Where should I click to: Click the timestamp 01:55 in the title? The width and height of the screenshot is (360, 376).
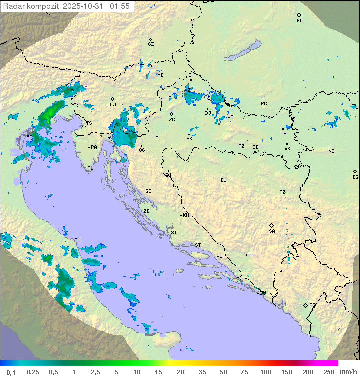coord(120,6)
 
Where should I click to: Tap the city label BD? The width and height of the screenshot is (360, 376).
coord(299,21)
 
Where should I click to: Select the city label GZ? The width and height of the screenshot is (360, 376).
coord(151,44)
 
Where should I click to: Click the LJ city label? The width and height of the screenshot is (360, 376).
coord(113,105)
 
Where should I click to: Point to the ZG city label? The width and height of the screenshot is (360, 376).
coord(172,120)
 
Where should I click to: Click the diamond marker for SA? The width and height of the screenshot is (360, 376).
coord(272,225)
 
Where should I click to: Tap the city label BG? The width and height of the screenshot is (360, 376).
coord(355,177)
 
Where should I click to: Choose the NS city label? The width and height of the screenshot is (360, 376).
coord(331,151)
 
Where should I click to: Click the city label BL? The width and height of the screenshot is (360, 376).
coord(223,180)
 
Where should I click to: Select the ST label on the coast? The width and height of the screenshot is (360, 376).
coord(198,245)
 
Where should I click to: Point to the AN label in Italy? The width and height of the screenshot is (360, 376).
coord(77,240)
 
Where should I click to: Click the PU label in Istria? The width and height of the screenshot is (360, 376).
coord(90,168)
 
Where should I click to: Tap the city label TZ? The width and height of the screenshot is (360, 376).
coord(283,192)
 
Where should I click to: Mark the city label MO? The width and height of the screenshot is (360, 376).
coord(251,255)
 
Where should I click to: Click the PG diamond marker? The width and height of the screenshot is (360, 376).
coord(305,305)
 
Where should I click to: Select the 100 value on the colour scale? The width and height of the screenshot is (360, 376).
coord(265,372)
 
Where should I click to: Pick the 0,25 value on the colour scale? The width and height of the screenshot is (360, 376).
coord(33,372)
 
